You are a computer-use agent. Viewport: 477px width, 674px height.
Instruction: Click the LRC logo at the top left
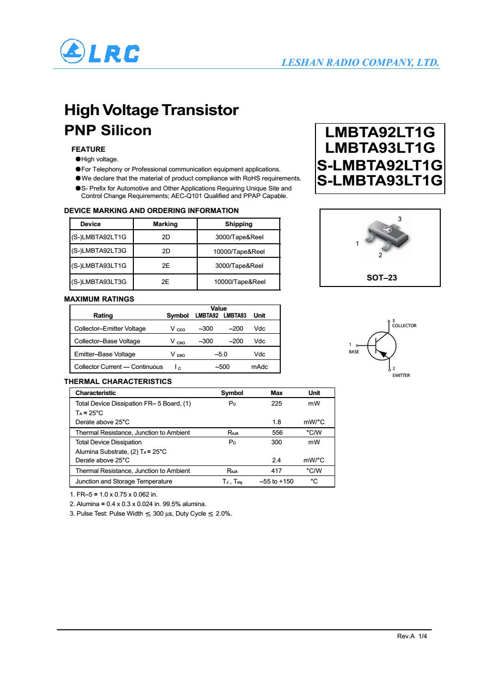(99, 52)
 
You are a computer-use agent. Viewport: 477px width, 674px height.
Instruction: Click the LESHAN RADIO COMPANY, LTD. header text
(360, 63)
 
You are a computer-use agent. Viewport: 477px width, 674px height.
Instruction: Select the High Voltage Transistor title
(151, 110)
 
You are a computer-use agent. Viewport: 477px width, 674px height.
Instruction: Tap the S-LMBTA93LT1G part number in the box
(380, 180)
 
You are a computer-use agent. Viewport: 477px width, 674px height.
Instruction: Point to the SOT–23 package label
(381, 277)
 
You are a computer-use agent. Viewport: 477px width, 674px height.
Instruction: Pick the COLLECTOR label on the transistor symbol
(404, 326)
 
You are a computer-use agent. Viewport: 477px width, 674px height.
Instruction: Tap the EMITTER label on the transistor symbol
(401, 375)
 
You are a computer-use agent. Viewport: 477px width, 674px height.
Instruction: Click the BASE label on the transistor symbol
(354, 352)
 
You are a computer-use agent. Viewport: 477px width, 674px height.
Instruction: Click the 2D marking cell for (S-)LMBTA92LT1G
(166, 237)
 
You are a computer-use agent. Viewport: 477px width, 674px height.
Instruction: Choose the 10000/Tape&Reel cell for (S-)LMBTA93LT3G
(240, 282)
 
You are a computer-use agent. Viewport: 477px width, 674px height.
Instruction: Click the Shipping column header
(238, 224)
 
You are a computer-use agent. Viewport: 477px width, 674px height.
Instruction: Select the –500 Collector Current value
(222, 367)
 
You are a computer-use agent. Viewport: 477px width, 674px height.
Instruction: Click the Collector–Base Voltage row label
(107, 341)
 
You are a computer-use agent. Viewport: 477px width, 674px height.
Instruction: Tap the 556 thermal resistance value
(277, 432)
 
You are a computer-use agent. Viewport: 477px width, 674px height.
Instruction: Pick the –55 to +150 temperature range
(276, 481)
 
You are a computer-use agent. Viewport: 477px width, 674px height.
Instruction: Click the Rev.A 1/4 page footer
(412, 636)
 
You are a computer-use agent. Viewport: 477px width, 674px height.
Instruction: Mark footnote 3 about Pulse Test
(151, 514)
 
